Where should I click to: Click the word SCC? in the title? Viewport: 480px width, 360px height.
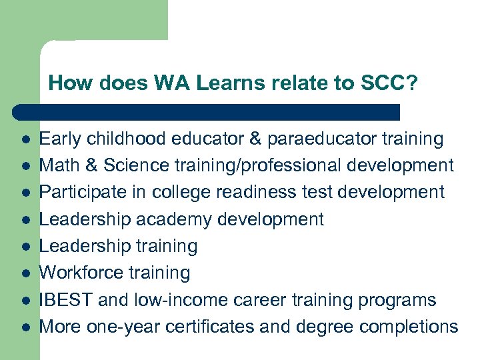tap(389, 83)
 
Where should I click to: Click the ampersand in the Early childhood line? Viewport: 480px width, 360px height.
tap(254, 139)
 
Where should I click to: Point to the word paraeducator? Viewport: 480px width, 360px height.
tap(321, 139)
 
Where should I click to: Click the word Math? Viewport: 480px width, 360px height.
tap(59, 165)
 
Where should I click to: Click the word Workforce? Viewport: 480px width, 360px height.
tap(81, 273)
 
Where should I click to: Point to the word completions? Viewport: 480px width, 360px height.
tap(407, 327)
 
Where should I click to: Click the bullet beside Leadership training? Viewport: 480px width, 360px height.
tap(23, 247)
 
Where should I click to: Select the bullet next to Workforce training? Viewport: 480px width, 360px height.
tap(23, 273)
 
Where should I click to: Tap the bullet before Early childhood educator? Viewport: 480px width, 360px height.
tap(23, 139)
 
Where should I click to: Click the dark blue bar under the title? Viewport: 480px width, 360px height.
tap(207, 112)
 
